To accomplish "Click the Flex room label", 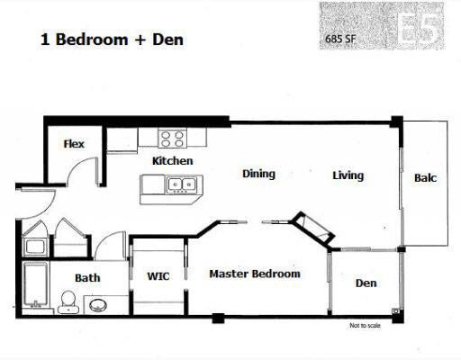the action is click(x=74, y=144).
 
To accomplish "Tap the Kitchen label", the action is click(x=173, y=161).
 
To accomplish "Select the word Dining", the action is click(x=258, y=174).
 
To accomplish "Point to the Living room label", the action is click(x=348, y=175).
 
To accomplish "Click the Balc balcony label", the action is click(x=425, y=178).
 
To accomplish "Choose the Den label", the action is click(x=366, y=283).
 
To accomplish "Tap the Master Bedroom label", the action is click(x=255, y=274).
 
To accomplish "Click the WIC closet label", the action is click(x=158, y=276).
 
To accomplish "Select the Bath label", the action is click(x=87, y=278).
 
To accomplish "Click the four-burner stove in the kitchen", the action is click(x=172, y=139).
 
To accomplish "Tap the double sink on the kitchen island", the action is click(x=182, y=184).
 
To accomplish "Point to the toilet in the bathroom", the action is click(x=68, y=302).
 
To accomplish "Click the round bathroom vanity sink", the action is click(x=98, y=306).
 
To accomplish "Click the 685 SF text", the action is click(x=340, y=39).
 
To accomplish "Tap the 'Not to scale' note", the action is click(x=365, y=325).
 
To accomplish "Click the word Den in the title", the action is click(x=167, y=40).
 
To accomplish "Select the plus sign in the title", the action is click(x=140, y=40).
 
